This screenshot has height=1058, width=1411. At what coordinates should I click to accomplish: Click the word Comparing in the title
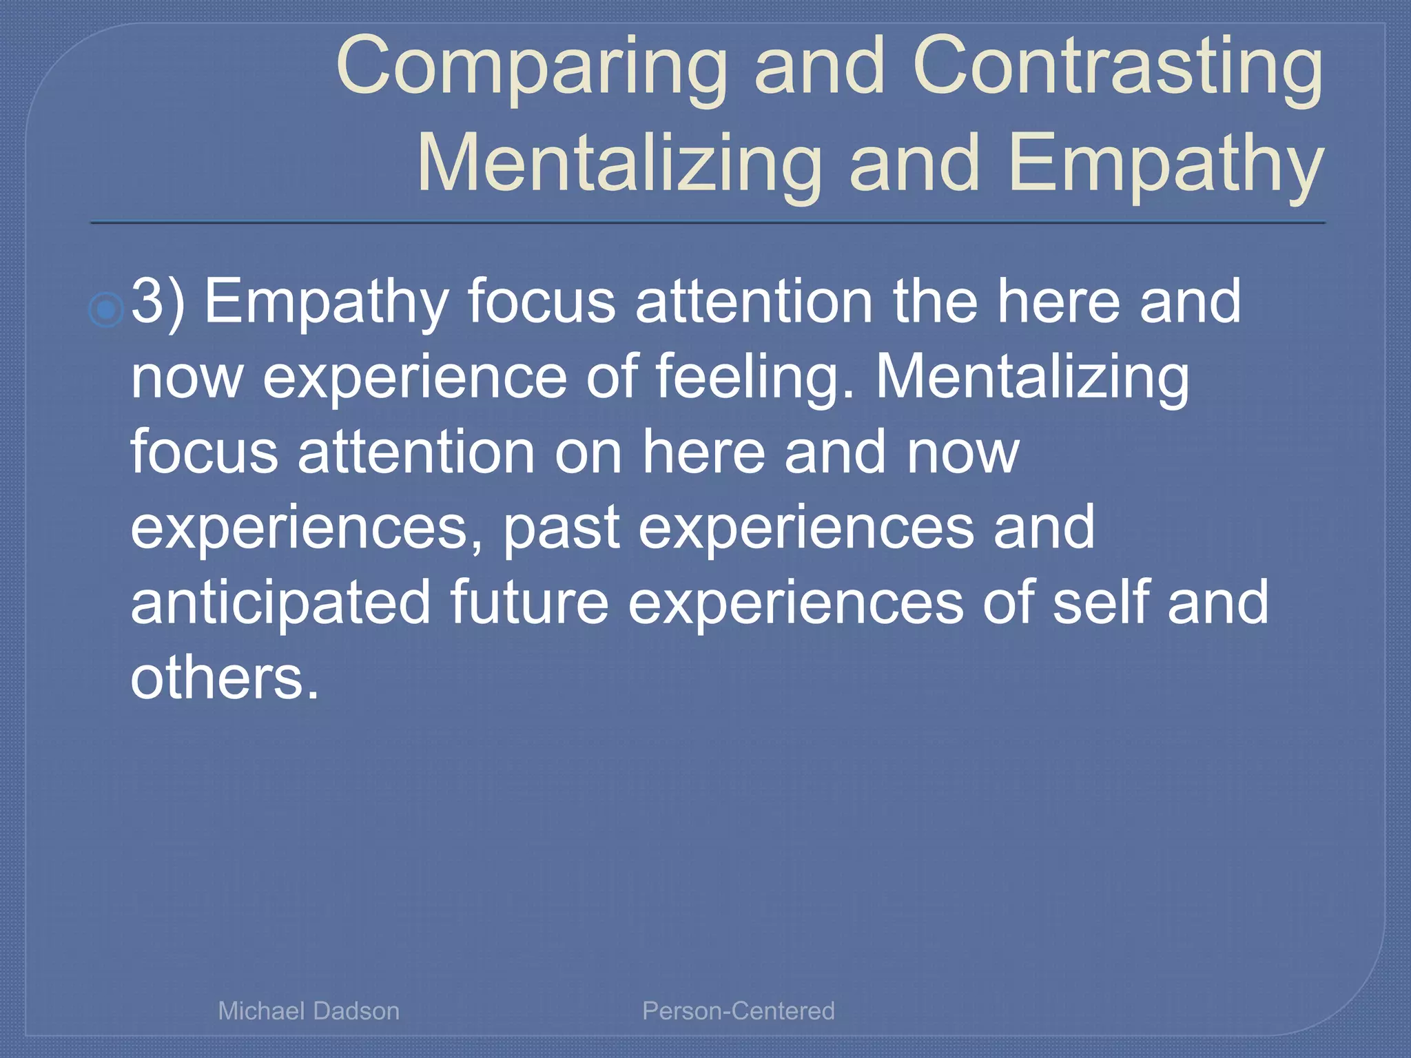pos(531,68)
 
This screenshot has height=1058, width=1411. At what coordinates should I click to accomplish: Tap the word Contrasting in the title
pos(1117,68)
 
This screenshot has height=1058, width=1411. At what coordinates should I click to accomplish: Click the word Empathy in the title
pos(1165,164)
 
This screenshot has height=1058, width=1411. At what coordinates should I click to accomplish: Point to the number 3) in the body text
pos(158,302)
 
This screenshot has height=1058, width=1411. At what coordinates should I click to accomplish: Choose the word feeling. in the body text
pos(754,377)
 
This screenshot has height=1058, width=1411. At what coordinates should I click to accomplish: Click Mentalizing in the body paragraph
pos(1032,377)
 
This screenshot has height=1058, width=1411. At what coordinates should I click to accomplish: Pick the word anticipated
pos(280,603)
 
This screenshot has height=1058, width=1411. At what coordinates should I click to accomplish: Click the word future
pos(529,602)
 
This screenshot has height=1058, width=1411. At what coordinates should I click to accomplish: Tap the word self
pos(1101,602)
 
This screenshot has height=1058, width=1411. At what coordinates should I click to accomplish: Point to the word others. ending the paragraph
pos(225,678)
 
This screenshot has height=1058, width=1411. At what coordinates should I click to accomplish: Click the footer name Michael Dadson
pos(309,1010)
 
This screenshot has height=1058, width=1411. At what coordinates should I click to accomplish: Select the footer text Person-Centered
pos(738,1010)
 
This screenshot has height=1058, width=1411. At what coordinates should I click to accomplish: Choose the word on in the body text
pos(588,453)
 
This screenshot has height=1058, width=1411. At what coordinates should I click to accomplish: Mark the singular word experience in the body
pos(415,377)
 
